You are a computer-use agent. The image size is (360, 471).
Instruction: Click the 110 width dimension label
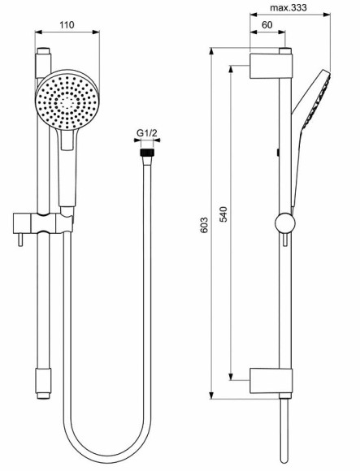[67, 25]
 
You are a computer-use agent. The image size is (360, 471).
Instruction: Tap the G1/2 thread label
[146, 134]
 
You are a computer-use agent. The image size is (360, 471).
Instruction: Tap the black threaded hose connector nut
[146, 151]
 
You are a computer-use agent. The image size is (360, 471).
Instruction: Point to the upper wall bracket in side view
[268, 65]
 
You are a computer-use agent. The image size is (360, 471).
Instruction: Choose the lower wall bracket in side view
[268, 378]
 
